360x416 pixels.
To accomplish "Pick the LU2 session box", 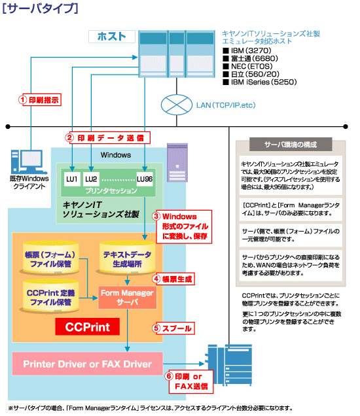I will (x=91, y=179).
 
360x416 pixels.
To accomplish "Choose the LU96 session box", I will (x=144, y=179).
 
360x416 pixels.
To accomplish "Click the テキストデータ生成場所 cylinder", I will (x=127, y=257).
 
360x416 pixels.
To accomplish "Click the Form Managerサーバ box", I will (x=127, y=298).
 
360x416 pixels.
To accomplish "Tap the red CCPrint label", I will (x=82, y=325).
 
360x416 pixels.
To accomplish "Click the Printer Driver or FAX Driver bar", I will (x=87, y=364).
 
